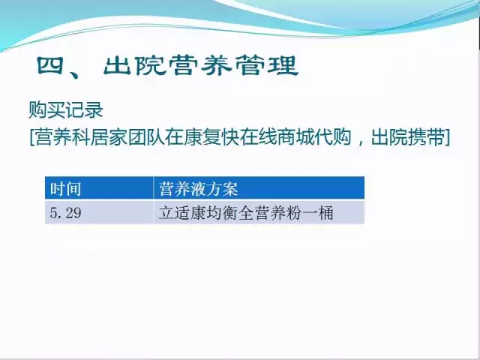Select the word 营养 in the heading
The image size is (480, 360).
tap(201, 65)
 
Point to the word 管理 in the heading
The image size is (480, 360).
tap(267, 65)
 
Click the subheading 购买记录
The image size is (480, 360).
tap(66, 109)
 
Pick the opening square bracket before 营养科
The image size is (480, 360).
tap(31, 137)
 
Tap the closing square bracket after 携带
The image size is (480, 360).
tap(447, 137)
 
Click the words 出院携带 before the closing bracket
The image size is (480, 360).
tap(408, 137)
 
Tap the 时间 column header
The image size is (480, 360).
tap(65, 188)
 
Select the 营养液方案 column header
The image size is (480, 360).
tap(198, 188)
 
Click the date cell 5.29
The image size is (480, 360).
tap(65, 212)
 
